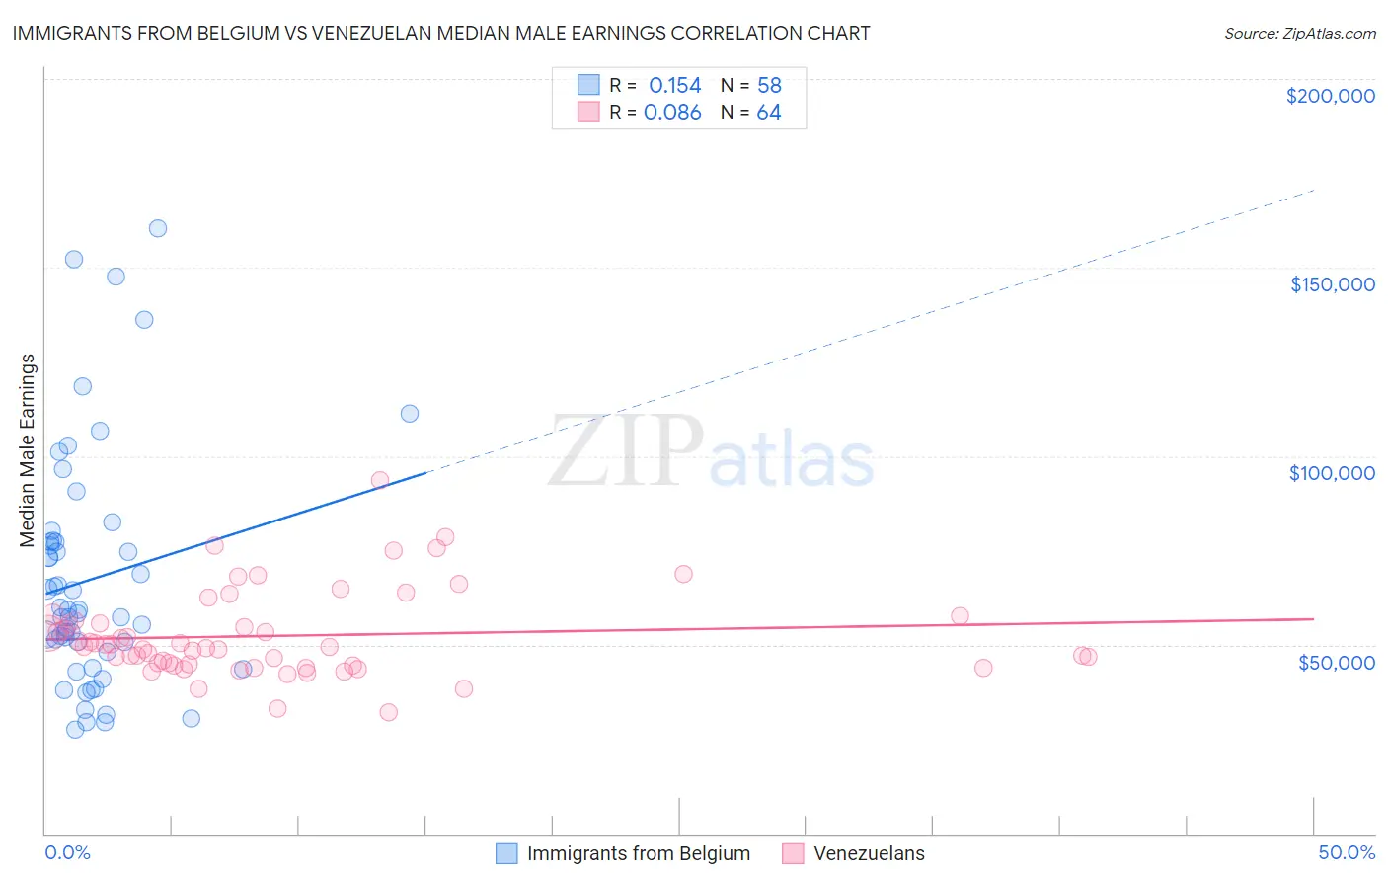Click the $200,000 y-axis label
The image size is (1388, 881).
point(1330,96)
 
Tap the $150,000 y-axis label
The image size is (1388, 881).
point(1332,284)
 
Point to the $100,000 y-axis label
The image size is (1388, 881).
point(1332,473)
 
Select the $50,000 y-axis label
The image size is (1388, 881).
point(1336,662)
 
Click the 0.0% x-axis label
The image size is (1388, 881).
point(67,852)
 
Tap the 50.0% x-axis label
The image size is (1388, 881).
point(1346,852)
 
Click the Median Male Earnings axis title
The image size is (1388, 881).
point(28,450)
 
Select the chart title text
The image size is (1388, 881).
point(441,33)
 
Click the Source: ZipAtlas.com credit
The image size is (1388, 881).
point(1299,33)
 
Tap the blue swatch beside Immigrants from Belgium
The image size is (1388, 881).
point(506,853)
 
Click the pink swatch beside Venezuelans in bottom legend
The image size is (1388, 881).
point(793,853)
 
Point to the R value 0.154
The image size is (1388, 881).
point(674,86)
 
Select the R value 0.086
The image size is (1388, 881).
point(672,113)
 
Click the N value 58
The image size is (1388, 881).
point(769,86)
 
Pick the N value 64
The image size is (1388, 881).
point(769,113)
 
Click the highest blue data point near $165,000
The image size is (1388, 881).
point(158,228)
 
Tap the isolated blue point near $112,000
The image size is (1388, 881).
point(410,414)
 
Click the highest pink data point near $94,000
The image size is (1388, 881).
point(380,480)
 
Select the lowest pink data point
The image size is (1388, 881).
point(389,712)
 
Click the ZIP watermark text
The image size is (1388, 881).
point(626,451)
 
